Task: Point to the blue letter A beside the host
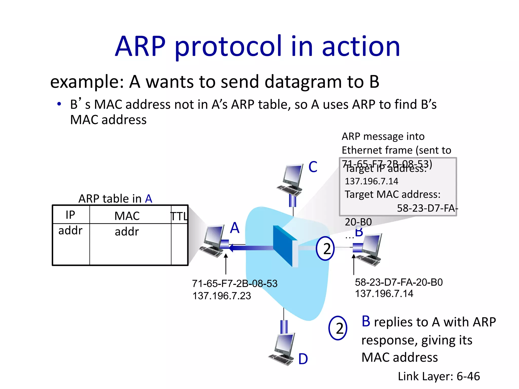[235, 228]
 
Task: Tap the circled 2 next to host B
[325, 248]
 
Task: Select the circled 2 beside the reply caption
[338, 328]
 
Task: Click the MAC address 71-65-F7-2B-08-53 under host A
[235, 283]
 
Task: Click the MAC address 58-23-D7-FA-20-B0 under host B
[399, 282]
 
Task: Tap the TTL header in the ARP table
[179, 216]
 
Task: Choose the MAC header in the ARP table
[127, 216]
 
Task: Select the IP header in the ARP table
[70, 215]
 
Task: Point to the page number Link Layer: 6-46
[439, 376]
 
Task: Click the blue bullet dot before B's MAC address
[59, 104]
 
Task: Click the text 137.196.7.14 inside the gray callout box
[371, 181]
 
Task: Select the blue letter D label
[303, 359]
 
